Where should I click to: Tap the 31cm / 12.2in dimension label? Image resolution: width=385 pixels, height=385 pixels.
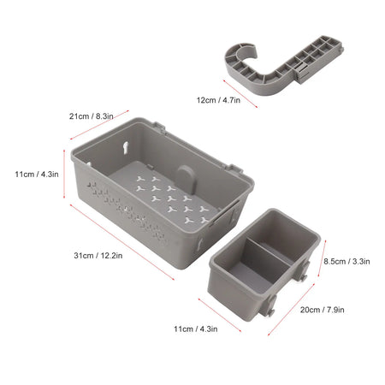98,255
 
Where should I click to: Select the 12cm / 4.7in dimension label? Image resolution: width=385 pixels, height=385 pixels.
220,99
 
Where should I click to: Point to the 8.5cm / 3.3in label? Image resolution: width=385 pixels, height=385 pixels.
346,263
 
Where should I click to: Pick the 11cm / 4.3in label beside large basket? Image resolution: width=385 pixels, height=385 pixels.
37,174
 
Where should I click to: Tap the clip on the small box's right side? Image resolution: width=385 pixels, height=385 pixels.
303,275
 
